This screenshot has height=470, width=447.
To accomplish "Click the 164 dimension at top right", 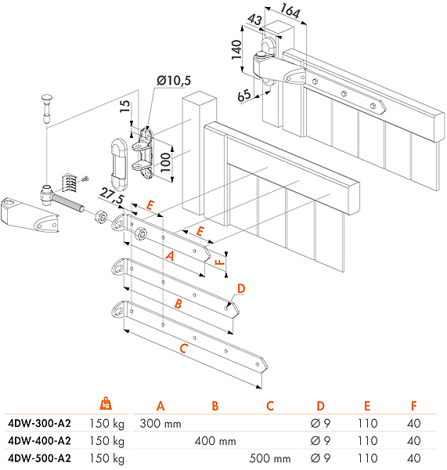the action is (290, 12).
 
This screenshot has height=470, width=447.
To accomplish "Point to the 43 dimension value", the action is (254, 20).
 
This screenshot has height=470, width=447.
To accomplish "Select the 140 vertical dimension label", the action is (236, 49).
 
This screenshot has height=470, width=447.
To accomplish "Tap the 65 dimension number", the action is (244, 96).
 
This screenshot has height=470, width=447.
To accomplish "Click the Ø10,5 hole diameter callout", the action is (174, 81).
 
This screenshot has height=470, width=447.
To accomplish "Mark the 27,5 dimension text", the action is (111, 196).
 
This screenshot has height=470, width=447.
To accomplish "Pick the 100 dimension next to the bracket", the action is (165, 162).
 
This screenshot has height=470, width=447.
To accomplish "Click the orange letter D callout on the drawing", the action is (240, 288).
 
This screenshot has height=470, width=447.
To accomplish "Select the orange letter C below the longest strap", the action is (183, 349).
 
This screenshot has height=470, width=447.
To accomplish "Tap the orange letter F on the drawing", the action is (220, 262).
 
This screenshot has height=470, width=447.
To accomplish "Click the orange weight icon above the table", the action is (106, 403).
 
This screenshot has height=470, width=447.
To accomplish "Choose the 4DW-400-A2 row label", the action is (40, 441).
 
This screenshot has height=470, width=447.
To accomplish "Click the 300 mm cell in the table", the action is (160, 424).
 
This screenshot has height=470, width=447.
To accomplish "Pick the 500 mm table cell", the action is (270, 458).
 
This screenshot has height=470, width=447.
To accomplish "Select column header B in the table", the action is (215, 406).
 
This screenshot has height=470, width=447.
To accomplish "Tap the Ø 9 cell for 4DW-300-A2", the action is (320, 424).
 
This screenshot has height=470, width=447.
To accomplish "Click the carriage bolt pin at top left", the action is (46, 109).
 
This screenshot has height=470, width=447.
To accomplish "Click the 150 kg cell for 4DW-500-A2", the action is (107, 458).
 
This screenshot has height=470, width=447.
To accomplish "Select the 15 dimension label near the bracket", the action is (125, 107).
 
